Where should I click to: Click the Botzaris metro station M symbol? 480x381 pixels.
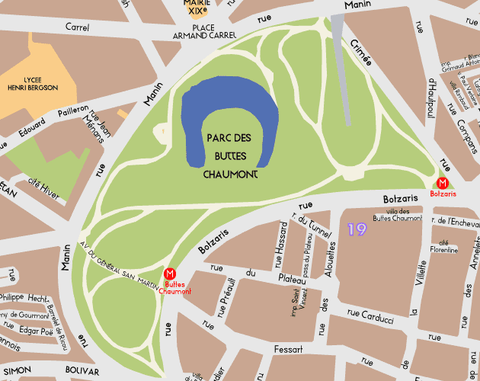coord(443,183)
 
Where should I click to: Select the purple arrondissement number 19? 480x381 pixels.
coord(356,229)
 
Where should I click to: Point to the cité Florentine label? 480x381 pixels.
coord(444,245)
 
